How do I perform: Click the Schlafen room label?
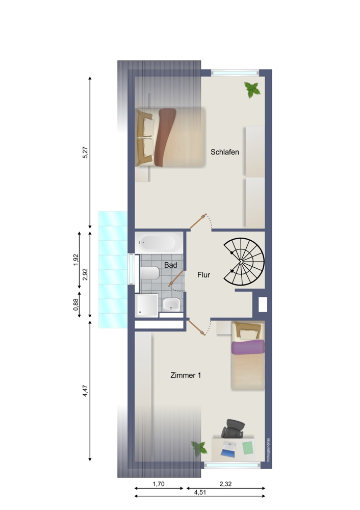(x=225, y=152)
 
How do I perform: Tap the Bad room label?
(x=170, y=265)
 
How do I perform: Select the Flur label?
(x=204, y=275)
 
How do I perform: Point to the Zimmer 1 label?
(x=186, y=375)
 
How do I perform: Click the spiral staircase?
(x=243, y=262)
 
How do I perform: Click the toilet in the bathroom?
(x=149, y=274)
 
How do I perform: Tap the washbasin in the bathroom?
(x=171, y=304)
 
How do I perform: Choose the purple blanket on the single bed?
(x=248, y=347)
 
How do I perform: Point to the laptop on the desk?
(x=228, y=449)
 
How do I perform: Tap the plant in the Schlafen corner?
(x=252, y=90)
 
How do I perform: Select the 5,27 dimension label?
(x=85, y=153)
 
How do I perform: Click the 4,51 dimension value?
(x=200, y=493)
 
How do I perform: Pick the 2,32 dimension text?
(x=225, y=481)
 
